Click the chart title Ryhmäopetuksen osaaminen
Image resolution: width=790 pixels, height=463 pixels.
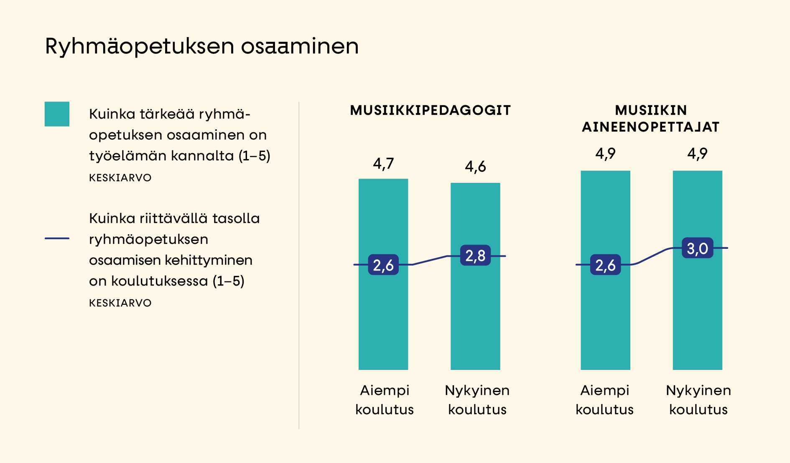(x=201, y=46)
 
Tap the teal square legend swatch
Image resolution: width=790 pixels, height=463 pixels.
(x=57, y=114)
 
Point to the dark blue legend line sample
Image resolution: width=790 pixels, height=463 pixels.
(x=57, y=238)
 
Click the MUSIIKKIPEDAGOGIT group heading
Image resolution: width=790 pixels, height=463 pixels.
(x=430, y=110)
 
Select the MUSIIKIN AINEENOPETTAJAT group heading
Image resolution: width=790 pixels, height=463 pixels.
(x=651, y=119)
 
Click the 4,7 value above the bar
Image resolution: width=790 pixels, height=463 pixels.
(x=383, y=163)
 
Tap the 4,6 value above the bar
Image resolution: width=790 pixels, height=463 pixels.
(x=475, y=167)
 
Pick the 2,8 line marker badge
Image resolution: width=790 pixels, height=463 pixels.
(x=475, y=256)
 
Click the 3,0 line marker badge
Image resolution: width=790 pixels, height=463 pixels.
(x=697, y=248)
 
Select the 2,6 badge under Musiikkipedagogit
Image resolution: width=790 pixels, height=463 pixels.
(x=383, y=265)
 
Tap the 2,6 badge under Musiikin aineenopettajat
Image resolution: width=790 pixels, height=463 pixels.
(x=605, y=265)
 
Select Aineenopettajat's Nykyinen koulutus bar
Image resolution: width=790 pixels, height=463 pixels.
(x=697, y=317)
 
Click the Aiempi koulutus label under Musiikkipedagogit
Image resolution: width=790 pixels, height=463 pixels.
(x=384, y=400)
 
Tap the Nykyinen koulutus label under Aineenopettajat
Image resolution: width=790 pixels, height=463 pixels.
(x=698, y=400)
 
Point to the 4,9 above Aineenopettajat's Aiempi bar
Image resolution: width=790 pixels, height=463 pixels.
(x=605, y=154)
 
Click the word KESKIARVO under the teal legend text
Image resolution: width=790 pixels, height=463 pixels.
(x=120, y=178)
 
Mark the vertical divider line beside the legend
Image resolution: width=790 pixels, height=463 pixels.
(x=299, y=265)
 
